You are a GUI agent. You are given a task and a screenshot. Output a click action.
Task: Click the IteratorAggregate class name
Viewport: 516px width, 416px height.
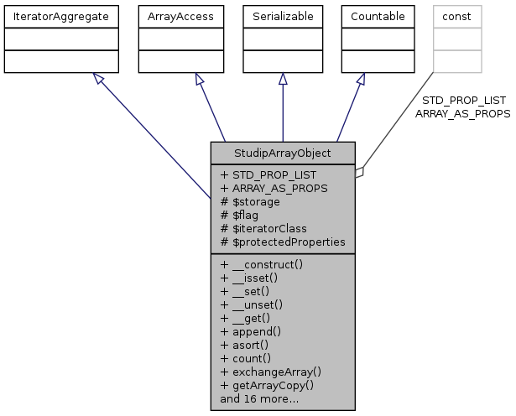click(x=56, y=16)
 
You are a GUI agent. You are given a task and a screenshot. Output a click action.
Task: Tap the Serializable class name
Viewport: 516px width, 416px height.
click(x=283, y=16)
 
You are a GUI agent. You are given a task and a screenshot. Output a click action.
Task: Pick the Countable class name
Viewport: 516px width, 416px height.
click(x=378, y=16)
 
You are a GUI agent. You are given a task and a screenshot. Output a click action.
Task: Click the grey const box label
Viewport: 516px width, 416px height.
click(x=457, y=16)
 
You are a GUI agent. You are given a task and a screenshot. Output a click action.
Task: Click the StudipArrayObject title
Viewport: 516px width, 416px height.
click(x=283, y=153)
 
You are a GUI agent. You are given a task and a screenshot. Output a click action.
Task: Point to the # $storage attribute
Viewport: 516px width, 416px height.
click(x=250, y=201)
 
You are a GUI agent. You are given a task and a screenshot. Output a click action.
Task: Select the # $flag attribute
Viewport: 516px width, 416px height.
click(x=242, y=215)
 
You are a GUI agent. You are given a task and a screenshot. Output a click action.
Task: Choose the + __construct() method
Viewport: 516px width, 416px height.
click(x=261, y=264)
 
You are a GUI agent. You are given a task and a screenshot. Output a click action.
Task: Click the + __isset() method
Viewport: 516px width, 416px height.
click(x=251, y=278)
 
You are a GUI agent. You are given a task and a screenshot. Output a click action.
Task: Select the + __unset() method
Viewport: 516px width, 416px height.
click(x=253, y=304)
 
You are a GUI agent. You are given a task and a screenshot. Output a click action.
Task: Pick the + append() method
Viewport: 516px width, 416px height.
click(x=250, y=331)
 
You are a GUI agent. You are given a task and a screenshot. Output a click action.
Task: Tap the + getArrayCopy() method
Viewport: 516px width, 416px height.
click(x=266, y=385)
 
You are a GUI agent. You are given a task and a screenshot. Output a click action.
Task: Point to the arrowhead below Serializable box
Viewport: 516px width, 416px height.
click(x=283, y=79)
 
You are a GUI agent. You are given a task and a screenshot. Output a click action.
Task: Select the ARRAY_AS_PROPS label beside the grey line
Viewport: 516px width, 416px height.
click(x=462, y=114)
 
